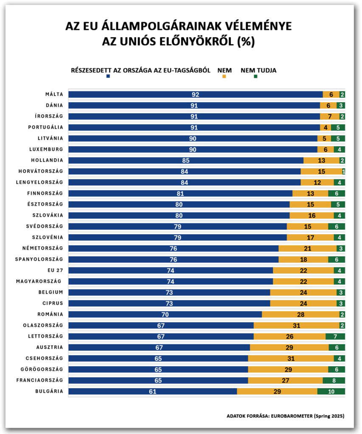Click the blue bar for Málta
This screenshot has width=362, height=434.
195,95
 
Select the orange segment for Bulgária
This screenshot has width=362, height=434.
277,391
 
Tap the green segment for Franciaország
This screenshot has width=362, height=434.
334,380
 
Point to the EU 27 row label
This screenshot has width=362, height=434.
55,270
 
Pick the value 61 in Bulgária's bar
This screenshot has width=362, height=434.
153,391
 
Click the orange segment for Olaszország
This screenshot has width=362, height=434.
296,325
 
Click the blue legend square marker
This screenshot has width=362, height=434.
108,76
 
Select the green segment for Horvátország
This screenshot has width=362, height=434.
343,171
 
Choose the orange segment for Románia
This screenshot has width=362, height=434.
300,314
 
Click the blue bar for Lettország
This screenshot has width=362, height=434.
161,336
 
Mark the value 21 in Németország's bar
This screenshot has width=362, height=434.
307,248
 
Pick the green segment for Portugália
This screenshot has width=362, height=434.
338,127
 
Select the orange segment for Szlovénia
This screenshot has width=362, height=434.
310,237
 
